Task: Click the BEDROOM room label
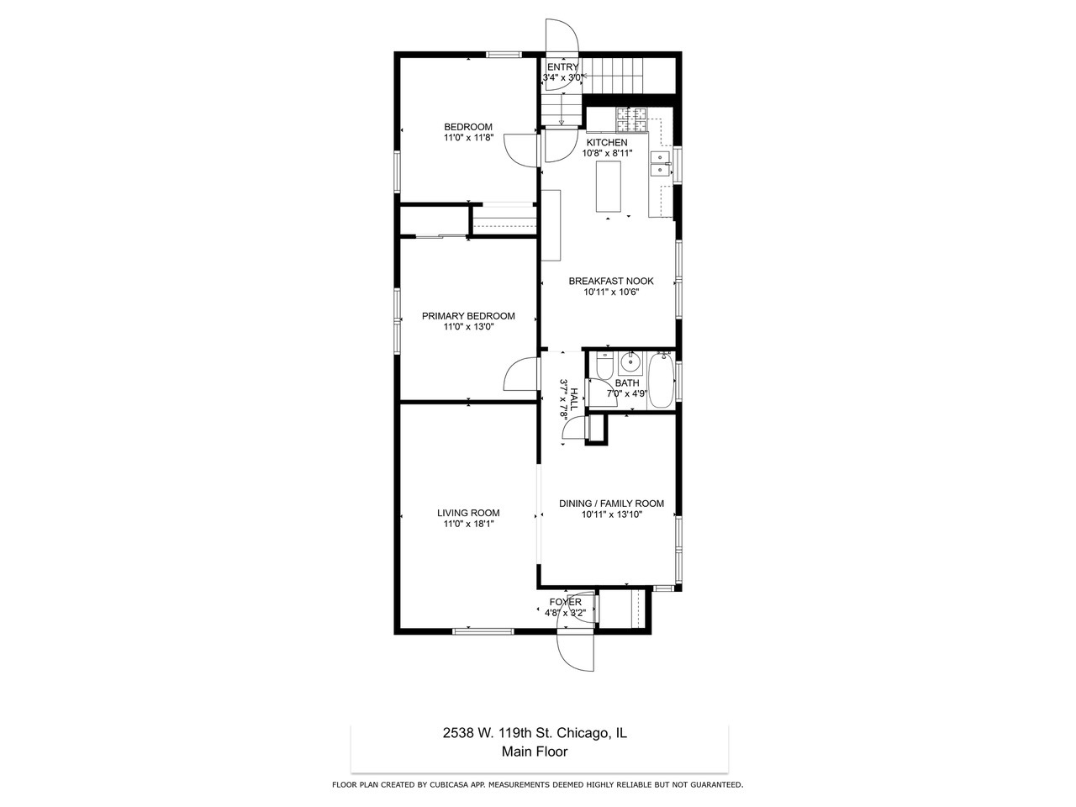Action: [x=468, y=127]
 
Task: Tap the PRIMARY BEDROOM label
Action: [x=468, y=316]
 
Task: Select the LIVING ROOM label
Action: [x=468, y=513]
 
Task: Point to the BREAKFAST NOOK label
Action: [x=611, y=281]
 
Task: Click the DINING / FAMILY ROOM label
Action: [x=611, y=504]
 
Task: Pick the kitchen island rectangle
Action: [x=610, y=187]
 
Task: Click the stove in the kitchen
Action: [x=632, y=120]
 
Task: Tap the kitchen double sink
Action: [x=661, y=163]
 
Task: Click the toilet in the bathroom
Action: [x=602, y=367]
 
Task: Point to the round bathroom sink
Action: [x=630, y=364]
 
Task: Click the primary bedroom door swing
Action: [x=520, y=375]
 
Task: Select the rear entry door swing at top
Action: [x=561, y=38]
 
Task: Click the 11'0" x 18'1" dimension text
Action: [x=468, y=524]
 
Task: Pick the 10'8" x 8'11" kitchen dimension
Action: [x=607, y=153]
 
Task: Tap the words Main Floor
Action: [x=535, y=752]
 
